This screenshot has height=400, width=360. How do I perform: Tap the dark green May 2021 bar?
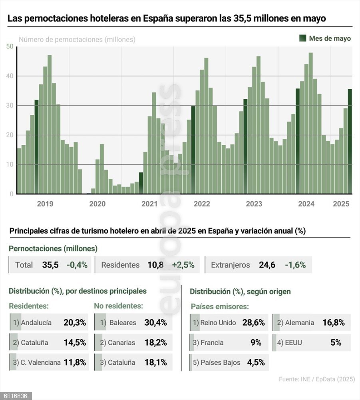click(x=141, y=183)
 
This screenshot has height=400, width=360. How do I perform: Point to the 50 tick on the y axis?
click(x=10, y=47)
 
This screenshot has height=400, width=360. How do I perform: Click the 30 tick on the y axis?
click(x=10, y=106)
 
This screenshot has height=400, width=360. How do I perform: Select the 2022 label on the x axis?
click(x=202, y=204)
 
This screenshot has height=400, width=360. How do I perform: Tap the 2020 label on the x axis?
click(x=97, y=204)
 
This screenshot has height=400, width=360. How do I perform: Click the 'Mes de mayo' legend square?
click(x=303, y=38)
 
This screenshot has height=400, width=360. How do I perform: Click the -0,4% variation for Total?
click(x=77, y=265)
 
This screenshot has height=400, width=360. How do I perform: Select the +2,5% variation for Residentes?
click(x=183, y=265)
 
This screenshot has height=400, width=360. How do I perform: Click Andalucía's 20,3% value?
click(x=75, y=322)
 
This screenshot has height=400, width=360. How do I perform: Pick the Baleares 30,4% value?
click(x=155, y=322)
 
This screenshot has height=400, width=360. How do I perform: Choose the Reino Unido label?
click(x=218, y=323)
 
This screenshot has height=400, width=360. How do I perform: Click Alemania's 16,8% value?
click(x=333, y=322)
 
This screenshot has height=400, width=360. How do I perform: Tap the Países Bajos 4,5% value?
click(x=256, y=362)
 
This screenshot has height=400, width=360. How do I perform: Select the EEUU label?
click(x=294, y=343)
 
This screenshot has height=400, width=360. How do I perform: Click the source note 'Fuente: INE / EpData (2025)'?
click(x=316, y=379)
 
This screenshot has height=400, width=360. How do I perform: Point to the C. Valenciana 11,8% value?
click(x=75, y=362)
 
